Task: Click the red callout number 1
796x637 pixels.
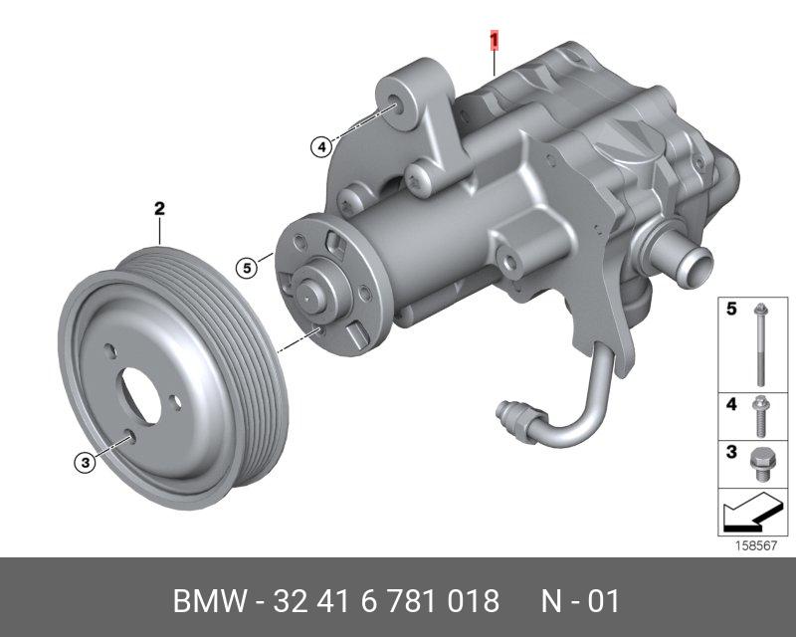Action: [494, 41]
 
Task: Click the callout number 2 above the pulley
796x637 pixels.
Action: [159, 209]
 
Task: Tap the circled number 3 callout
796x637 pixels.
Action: [86, 463]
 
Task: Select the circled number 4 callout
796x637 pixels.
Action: [321, 148]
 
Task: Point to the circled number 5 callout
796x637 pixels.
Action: [247, 268]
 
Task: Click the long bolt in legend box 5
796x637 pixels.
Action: [760, 344]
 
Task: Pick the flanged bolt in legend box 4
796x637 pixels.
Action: [760, 416]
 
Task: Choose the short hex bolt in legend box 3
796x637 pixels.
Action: [760, 464]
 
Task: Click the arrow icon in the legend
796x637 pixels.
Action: [752, 512]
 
